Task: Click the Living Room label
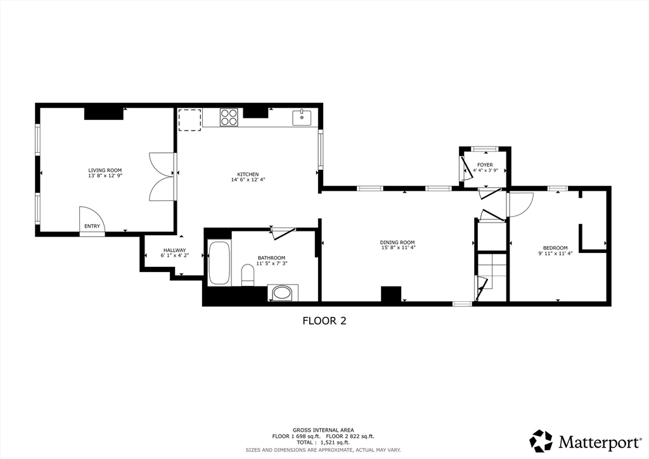pos(105,170)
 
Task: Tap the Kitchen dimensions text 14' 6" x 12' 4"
pos(248,179)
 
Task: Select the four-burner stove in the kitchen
pos(229,117)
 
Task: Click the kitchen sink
pos(302,117)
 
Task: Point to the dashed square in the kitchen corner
pos(189,119)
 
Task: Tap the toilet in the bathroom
pos(248,275)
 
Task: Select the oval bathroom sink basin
pos(283,293)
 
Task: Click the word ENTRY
pos(92,226)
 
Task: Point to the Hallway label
pos(174,250)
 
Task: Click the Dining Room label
pos(397,242)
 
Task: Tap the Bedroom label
pos(555,248)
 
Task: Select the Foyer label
pos(485,165)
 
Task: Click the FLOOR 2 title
pos(324,321)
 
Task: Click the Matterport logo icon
pos(541,441)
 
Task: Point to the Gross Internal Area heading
pos(323,430)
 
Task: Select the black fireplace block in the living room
pos(103,113)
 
